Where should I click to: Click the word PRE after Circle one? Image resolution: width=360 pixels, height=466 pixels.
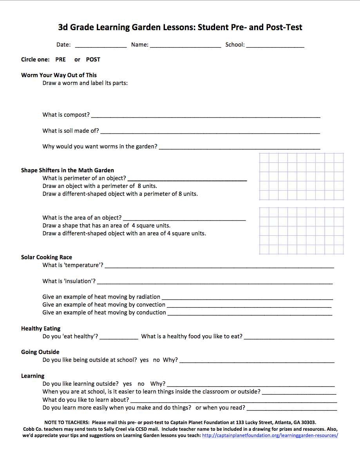click(x=60, y=60)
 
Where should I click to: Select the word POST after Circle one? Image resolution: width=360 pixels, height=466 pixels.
click(x=93, y=60)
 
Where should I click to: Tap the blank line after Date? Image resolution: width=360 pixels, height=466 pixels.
click(x=101, y=45)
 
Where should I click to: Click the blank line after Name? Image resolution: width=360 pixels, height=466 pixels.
click(x=185, y=45)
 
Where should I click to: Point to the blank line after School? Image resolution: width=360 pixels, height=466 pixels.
click(x=275, y=45)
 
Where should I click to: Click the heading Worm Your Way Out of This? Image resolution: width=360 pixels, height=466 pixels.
click(x=59, y=75)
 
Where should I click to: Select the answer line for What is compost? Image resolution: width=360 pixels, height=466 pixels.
click(x=205, y=116)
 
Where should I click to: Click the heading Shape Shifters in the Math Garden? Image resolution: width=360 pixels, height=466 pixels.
click(x=67, y=170)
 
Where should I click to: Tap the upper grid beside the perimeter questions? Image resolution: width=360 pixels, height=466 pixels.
click(x=301, y=177)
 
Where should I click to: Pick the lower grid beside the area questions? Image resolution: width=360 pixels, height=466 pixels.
click(x=301, y=231)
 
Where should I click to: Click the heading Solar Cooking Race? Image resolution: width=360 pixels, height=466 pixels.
click(x=47, y=257)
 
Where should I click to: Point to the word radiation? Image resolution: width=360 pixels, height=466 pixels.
click(x=147, y=297)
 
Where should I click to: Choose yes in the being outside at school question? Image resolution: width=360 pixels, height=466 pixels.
click(x=144, y=360)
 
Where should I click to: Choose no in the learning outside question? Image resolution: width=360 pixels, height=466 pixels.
click(x=141, y=384)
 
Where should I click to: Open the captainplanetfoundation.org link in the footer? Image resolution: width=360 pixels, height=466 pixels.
click(x=270, y=435)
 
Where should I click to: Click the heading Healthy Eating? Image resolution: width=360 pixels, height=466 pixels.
click(x=41, y=329)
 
